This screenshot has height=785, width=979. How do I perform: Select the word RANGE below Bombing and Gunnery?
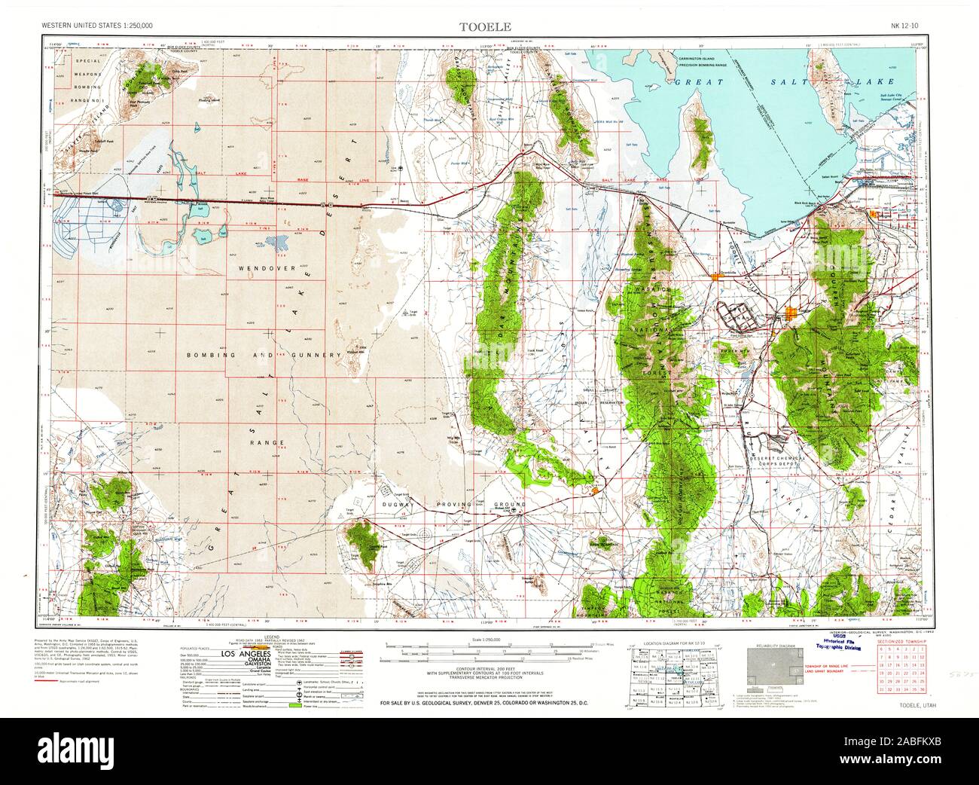269,442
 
